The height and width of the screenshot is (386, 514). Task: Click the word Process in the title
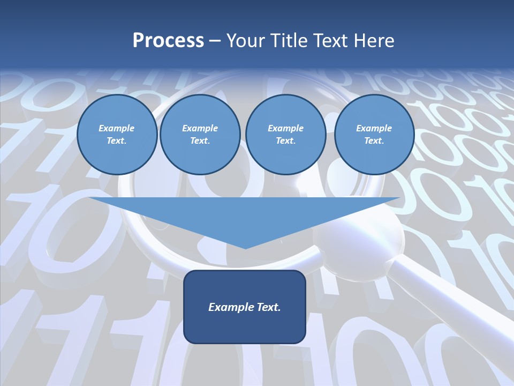[168, 40]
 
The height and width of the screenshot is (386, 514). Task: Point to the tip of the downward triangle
[245, 247]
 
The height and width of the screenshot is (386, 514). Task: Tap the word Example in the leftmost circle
[117, 128]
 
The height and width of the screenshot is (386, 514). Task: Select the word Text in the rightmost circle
[374, 140]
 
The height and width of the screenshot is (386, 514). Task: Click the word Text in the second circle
[200, 140]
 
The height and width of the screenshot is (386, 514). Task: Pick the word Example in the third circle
[285, 128]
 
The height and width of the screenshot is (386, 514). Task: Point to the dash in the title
[215, 40]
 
